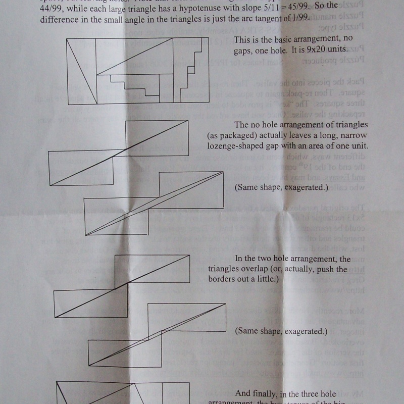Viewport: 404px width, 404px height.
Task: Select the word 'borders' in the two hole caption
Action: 223,279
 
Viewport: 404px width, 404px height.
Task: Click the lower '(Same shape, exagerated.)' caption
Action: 281,332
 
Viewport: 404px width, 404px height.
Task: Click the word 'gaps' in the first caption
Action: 245,49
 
